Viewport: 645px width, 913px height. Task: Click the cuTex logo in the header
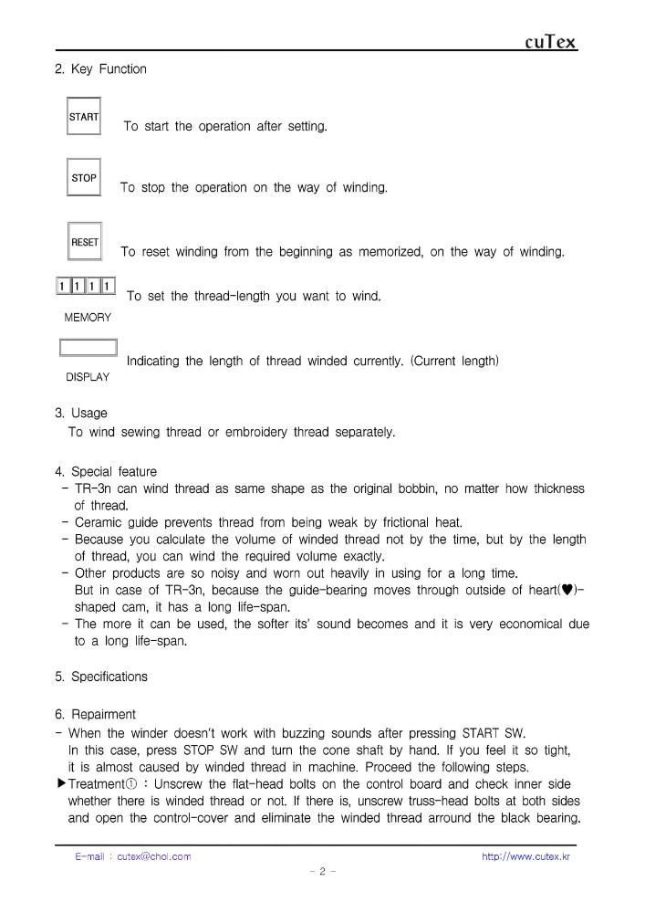(551, 42)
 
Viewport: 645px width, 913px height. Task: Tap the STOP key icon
(84, 178)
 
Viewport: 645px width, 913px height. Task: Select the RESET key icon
(85, 242)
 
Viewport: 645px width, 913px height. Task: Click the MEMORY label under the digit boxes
(88, 318)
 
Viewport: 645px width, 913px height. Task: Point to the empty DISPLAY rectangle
(88, 348)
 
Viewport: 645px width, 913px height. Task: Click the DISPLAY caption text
(88, 377)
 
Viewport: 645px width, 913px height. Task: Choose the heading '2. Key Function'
(100, 69)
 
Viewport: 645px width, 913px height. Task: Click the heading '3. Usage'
(81, 414)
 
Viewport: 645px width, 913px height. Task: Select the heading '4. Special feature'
(106, 472)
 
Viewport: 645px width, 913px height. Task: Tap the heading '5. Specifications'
(101, 677)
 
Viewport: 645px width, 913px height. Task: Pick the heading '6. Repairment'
(95, 715)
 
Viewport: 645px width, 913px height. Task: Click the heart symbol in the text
(567, 591)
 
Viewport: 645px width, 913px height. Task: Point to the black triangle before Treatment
(61, 783)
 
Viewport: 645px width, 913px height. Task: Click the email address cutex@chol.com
(154, 856)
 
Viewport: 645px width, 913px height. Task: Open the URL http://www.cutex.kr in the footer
(525, 856)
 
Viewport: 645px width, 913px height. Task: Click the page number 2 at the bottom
(323, 872)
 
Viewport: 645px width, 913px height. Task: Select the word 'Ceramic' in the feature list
(98, 523)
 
